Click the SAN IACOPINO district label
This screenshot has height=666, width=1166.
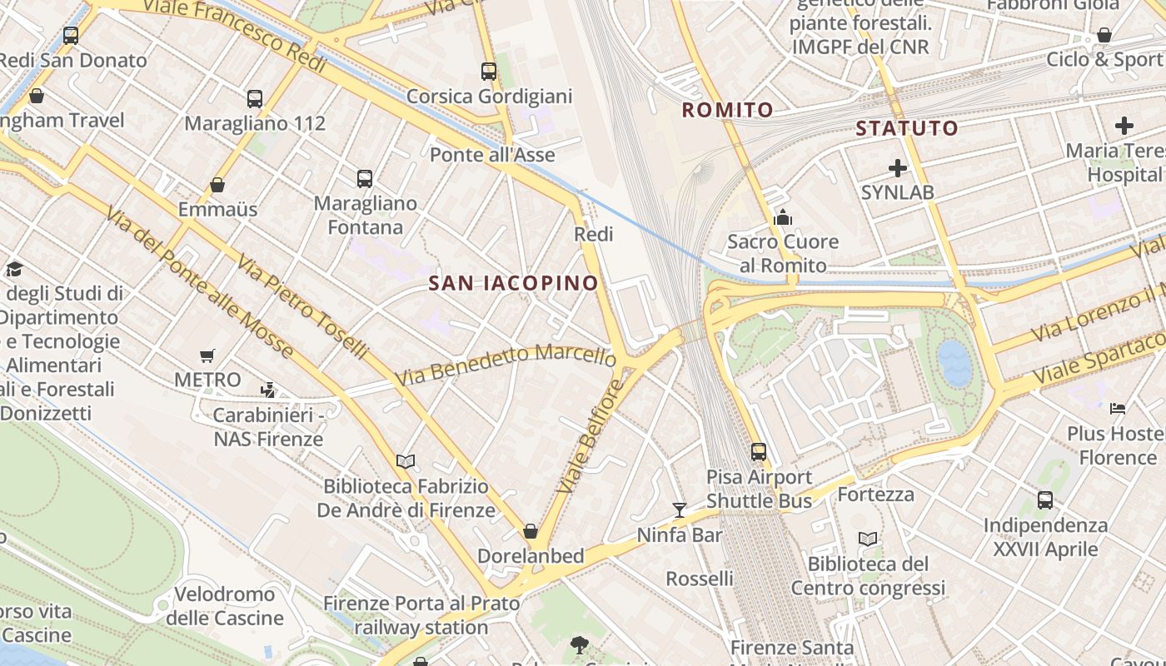(513, 283)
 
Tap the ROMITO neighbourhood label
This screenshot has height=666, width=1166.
(728, 110)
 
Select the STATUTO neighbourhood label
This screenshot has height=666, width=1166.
(907, 128)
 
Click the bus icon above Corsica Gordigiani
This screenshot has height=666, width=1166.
(489, 72)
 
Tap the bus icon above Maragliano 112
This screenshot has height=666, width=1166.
(255, 99)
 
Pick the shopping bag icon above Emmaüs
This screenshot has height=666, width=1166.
(217, 185)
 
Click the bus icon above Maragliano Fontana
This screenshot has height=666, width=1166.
(365, 178)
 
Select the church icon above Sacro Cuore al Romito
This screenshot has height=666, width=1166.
(783, 218)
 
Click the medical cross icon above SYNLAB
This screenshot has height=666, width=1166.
(897, 168)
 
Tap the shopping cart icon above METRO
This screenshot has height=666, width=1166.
(207, 356)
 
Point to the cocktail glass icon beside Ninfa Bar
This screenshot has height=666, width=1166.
(680, 509)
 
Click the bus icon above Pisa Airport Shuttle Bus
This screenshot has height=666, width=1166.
(759, 452)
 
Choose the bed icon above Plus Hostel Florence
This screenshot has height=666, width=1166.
(1118, 409)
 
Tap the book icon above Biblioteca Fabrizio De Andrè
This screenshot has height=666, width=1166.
(406, 461)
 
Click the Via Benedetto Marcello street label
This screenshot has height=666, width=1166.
(506, 363)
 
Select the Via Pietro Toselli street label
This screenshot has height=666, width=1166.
(301, 307)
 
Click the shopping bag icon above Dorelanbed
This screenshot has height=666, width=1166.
(531, 531)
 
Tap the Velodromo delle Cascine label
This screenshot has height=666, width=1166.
(225, 606)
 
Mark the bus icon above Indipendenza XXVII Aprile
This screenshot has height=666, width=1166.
(1045, 500)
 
